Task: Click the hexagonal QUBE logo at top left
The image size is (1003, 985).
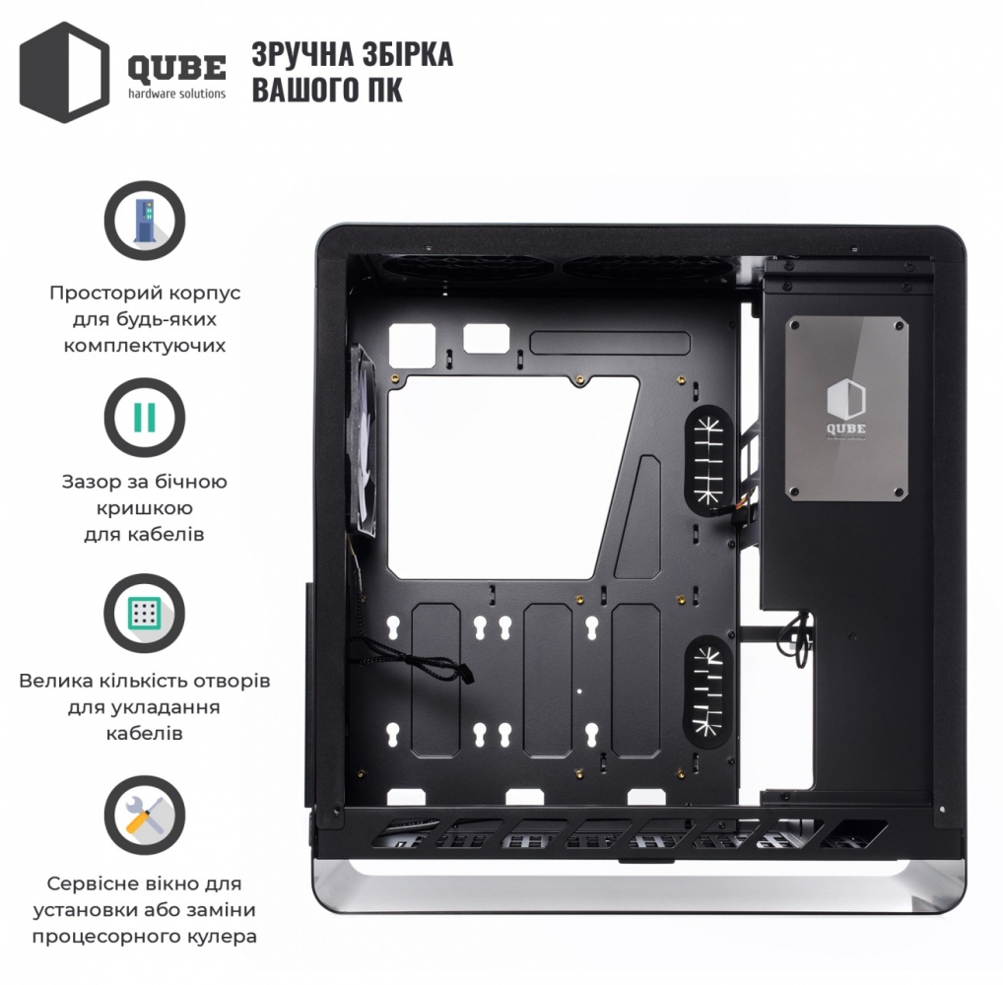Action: (x=64, y=72)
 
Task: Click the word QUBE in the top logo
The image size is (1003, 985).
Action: (x=176, y=68)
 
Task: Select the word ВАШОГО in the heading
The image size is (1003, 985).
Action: (x=304, y=89)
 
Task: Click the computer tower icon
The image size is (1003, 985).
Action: (x=145, y=221)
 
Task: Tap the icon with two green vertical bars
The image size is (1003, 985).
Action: (x=145, y=418)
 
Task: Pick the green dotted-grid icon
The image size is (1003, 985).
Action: (x=145, y=614)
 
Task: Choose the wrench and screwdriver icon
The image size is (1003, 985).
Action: (x=145, y=817)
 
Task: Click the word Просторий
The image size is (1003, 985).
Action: (x=101, y=294)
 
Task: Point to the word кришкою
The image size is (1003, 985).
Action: (x=145, y=508)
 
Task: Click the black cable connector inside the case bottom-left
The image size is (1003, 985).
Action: (x=466, y=674)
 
